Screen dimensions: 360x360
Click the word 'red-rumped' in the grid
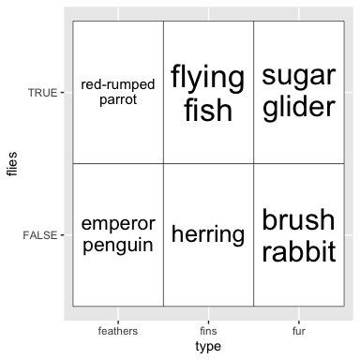pyautogui.click(x=118, y=84)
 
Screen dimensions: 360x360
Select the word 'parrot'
pyautogui.click(x=118, y=100)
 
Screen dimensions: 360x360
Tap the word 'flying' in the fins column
pyautogui.click(x=208, y=78)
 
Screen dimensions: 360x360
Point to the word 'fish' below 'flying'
pyautogui.click(x=208, y=110)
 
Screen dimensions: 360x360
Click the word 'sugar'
pyautogui.click(x=299, y=77)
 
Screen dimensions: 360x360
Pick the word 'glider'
pyautogui.click(x=299, y=107)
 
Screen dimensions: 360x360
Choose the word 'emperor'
pyautogui.click(x=118, y=224)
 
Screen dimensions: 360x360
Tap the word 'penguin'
pyautogui.click(x=118, y=246)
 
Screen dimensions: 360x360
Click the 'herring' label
pyautogui.click(x=208, y=234)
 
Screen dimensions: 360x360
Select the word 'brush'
pyautogui.click(x=298, y=219)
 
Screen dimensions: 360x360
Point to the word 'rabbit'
pyautogui.click(x=299, y=250)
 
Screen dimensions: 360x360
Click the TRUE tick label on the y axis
pyautogui.click(x=43, y=93)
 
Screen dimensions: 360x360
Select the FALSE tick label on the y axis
pyautogui.click(x=40, y=235)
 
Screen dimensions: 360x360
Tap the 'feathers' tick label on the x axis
pyautogui.click(x=118, y=331)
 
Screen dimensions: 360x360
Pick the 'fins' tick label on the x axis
pyautogui.click(x=208, y=331)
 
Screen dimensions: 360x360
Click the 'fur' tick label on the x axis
pyautogui.click(x=299, y=331)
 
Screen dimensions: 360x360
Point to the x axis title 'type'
pyautogui.click(x=208, y=347)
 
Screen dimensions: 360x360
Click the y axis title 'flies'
pyautogui.click(x=12, y=164)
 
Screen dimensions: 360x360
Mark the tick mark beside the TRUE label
pyautogui.click(x=62, y=93)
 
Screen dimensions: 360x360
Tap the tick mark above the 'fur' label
pyautogui.click(x=299, y=322)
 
